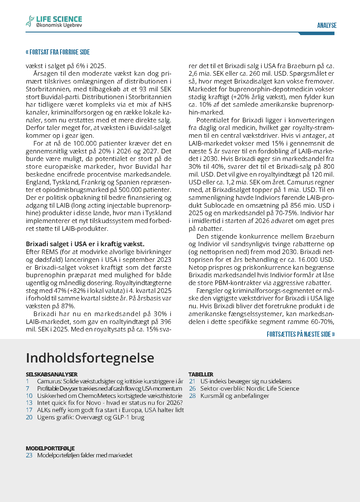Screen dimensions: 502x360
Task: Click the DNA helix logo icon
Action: pyautogui.click(x=30, y=21)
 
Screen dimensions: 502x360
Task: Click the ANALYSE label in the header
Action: pyautogui.click(x=327, y=26)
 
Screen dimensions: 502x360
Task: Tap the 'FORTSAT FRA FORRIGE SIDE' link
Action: pyautogui.click(x=58, y=52)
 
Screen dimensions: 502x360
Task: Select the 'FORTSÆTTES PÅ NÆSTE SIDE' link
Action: pyautogui.click(x=301, y=334)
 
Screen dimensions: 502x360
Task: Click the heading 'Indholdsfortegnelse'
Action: pyautogui.click(x=90, y=358)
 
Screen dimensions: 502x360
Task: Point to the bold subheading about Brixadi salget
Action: pyautogui.click(x=85, y=244)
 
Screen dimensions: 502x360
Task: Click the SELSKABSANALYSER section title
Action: pyautogui.click(x=52, y=374)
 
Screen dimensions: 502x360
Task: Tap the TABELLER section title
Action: pyautogui.click(x=201, y=374)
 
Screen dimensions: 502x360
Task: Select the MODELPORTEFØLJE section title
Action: pyautogui.click(x=50, y=448)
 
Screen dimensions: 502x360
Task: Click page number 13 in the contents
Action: pyautogui.click(x=29, y=403)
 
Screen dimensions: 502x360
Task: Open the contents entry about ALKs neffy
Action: pyautogui.click(x=110, y=410)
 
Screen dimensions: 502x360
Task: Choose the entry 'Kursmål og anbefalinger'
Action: pyautogui.click(x=235, y=396)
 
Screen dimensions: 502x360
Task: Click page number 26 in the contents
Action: pyautogui.click(x=192, y=389)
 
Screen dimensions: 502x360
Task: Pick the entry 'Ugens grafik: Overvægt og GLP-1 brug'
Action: pyautogui.click(x=91, y=417)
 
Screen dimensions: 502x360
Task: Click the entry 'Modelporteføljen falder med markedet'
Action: pyautogui.click(x=85, y=455)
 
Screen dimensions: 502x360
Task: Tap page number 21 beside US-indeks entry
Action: pyautogui.click(x=192, y=381)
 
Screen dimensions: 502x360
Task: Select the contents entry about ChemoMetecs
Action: pyautogui.click(x=110, y=396)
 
